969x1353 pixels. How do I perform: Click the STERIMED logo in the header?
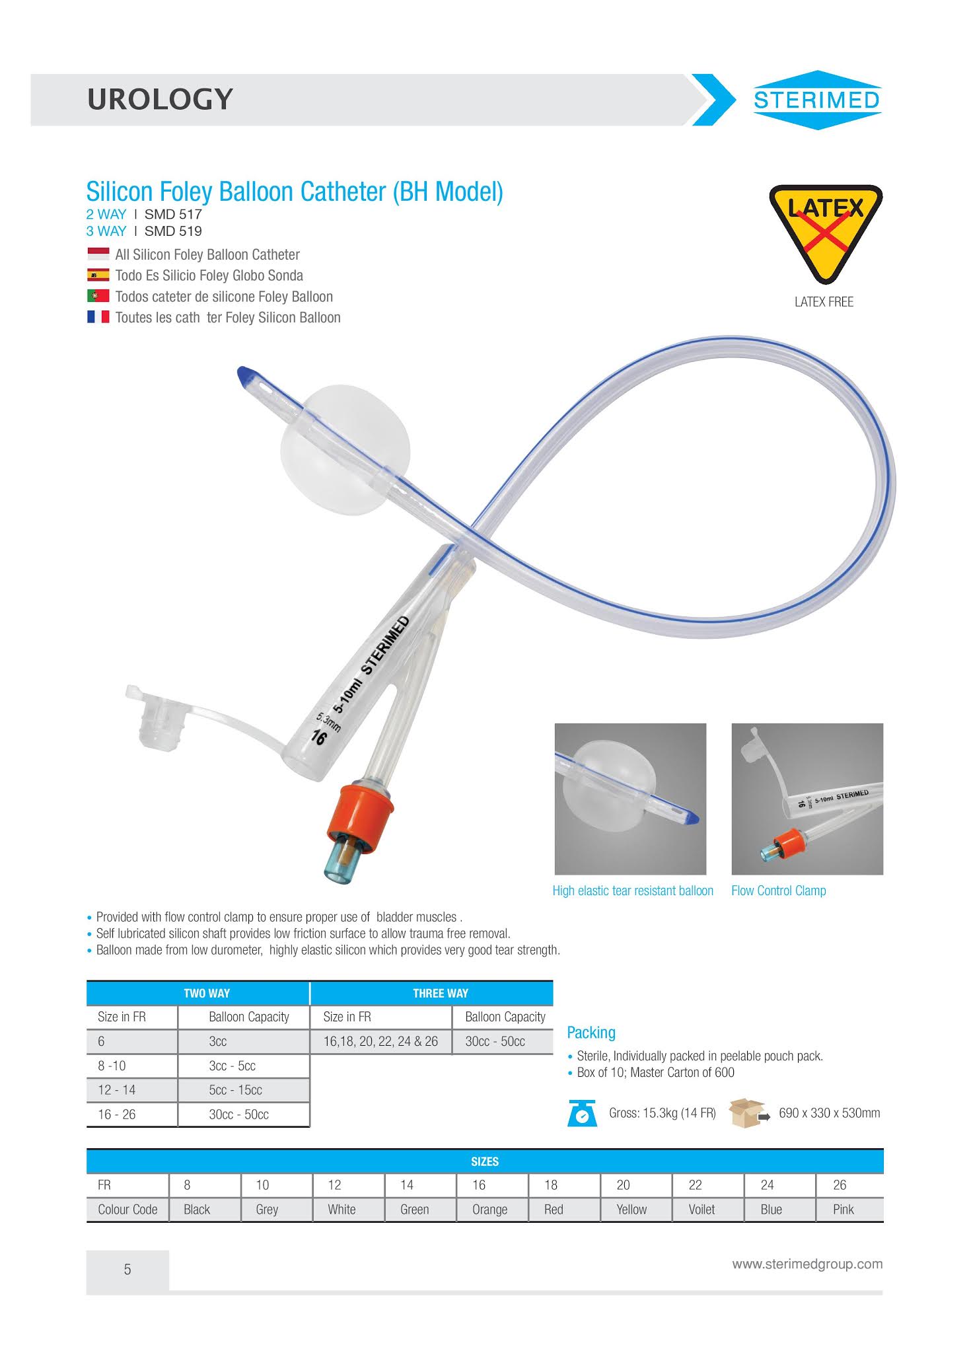(x=816, y=100)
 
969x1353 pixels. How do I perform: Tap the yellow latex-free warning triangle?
(x=825, y=228)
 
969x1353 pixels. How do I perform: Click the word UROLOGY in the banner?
(x=160, y=99)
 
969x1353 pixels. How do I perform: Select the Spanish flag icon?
(x=98, y=275)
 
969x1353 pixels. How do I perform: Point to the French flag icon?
(x=98, y=317)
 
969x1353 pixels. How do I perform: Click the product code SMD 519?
(x=173, y=231)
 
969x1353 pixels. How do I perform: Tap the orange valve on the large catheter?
(x=361, y=811)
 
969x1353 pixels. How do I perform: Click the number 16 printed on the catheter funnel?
(x=319, y=737)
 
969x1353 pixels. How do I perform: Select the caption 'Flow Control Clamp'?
(x=778, y=891)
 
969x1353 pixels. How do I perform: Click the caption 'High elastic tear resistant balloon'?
(x=633, y=891)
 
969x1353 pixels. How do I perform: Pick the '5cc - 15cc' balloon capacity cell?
(x=236, y=1090)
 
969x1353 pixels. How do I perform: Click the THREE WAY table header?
(x=440, y=993)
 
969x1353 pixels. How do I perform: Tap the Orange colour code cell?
(x=489, y=1210)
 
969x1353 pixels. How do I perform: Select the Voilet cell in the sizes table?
(x=701, y=1210)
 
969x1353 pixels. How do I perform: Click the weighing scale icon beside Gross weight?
(x=582, y=1113)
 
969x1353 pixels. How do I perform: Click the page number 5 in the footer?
(x=127, y=1269)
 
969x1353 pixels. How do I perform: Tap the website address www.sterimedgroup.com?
(x=807, y=1264)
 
